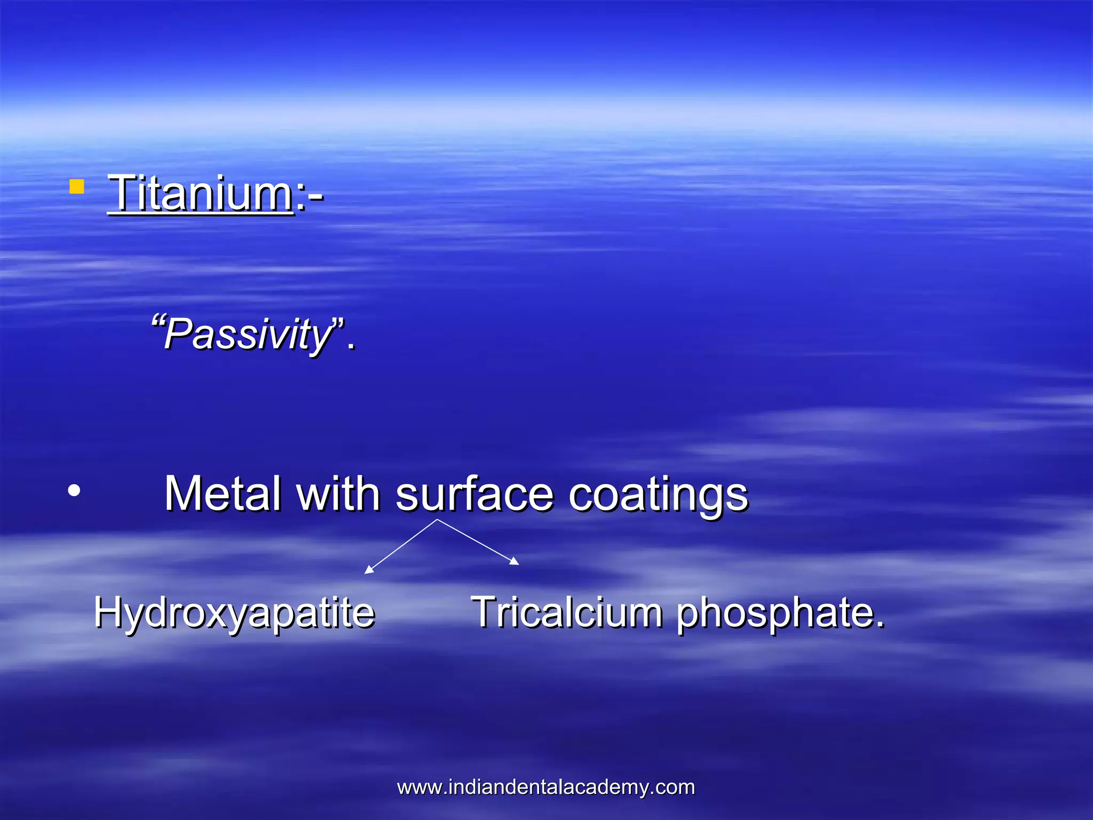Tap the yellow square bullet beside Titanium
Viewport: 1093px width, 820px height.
pyautogui.click(x=77, y=186)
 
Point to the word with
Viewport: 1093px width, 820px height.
pyautogui.click(x=338, y=494)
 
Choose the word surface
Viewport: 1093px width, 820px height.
pyautogui.click(x=474, y=494)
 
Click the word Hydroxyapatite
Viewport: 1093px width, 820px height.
pyautogui.click(x=234, y=613)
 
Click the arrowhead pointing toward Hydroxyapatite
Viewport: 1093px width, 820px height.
pyautogui.click(x=368, y=570)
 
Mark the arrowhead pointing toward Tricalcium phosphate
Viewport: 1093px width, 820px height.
pyautogui.click(x=514, y=561)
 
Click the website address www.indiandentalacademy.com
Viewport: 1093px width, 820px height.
pyautogui.click(x=546, y=787)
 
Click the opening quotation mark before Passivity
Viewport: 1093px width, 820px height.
pyautogui.click(x=157, y=322)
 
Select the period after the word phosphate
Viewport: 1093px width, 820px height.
pyautogui.click(x=880, y=625)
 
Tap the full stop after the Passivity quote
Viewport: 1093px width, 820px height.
pyautogui.click(x=351, y=346)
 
